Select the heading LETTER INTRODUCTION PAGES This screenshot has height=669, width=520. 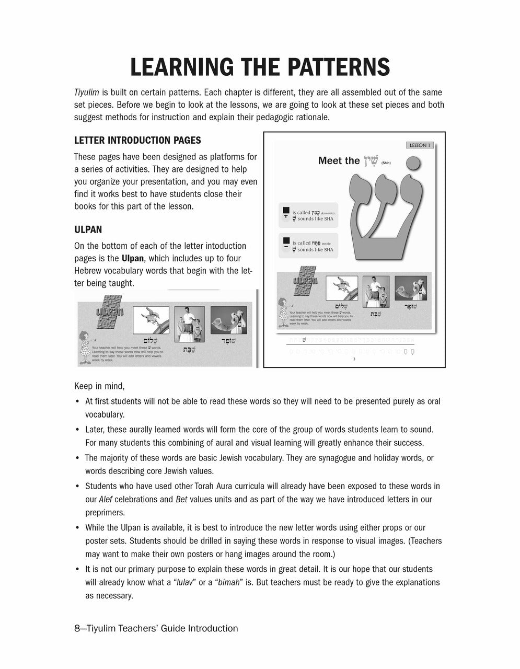click(x=137, y=140)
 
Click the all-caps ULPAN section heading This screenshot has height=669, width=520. click(x=88, y=229)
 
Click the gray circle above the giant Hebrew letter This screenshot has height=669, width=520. click(x=413, y=164)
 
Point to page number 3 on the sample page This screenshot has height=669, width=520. click(x=354, y=359)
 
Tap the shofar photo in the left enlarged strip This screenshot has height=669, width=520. click(x=228, y=320)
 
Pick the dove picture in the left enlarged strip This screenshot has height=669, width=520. click(x=151, y=320)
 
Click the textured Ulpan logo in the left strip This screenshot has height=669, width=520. click(x=110, y=312)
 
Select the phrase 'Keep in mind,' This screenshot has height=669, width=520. click(x=99, y=386)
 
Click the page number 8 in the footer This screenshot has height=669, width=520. click(x=77, y=628)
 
